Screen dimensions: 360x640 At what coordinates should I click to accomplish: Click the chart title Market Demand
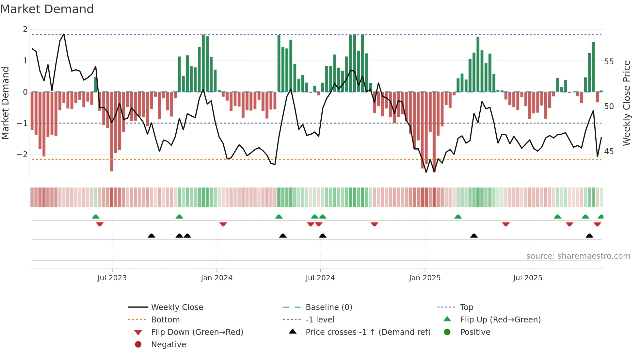coord(47,9)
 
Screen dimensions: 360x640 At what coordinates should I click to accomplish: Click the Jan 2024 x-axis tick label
coord(216,278)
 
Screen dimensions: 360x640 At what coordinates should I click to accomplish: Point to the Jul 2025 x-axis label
coord(527,278)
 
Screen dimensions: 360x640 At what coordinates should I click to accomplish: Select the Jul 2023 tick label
coord(112,278)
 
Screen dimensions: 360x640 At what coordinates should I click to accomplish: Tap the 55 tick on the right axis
coord(609,62)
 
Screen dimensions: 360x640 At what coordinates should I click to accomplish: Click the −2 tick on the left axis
coord(23,155)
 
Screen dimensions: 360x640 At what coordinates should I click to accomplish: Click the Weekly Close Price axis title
coord(626,103)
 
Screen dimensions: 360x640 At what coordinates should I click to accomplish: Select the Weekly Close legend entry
coord(177,307)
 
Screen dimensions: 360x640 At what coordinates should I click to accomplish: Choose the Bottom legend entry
coord(165,320)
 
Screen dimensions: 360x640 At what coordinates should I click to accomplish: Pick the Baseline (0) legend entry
coord(328,307)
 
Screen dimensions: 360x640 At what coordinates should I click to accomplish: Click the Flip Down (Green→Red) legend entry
coord(197,332)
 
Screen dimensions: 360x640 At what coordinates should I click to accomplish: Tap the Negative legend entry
coord(168,345)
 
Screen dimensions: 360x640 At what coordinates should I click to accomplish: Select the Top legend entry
coord(466,307)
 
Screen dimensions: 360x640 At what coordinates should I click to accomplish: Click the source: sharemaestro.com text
coord(578,256)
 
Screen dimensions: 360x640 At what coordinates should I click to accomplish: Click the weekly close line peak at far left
coord(64,34)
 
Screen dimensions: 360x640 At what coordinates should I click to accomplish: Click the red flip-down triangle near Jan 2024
coord(223,224)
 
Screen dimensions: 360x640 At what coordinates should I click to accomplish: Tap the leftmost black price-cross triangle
coord(152,236)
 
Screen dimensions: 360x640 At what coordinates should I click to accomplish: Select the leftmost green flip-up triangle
coord(96,217)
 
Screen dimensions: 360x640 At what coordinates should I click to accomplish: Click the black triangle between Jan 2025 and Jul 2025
coord(474,236)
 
